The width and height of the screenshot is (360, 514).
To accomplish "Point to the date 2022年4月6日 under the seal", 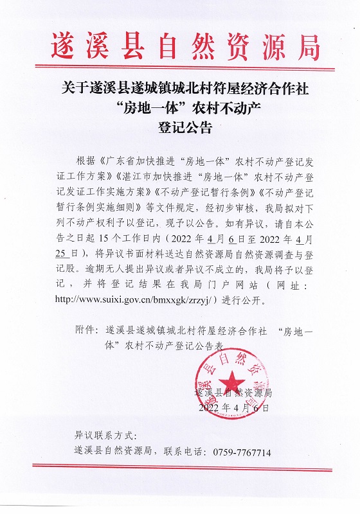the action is pyautogui.click(x=237, y=407).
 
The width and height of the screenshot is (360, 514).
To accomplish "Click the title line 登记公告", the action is pyautogui.click(x=184, y=127).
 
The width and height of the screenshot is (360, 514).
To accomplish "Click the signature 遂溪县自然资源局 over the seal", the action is pyautogui.click(x=233, y=392).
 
